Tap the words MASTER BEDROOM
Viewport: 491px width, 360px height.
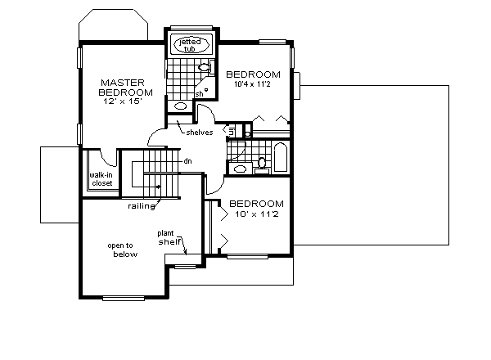tap(124, 88)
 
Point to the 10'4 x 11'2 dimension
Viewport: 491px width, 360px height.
tap(253, 83)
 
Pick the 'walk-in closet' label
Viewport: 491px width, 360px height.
tap(101, 178)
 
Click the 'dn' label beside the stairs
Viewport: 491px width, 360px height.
tap(187, 161)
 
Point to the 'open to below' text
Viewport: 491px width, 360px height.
tap(121, 250)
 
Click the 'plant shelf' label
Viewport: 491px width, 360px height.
tap(170, 237)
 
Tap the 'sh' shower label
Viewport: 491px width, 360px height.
tap(199, 92)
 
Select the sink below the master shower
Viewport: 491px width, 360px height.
tap(179, 106)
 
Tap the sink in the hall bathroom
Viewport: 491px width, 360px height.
tap(241, 169)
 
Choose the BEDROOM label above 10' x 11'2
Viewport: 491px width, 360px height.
tap(256, 204)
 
